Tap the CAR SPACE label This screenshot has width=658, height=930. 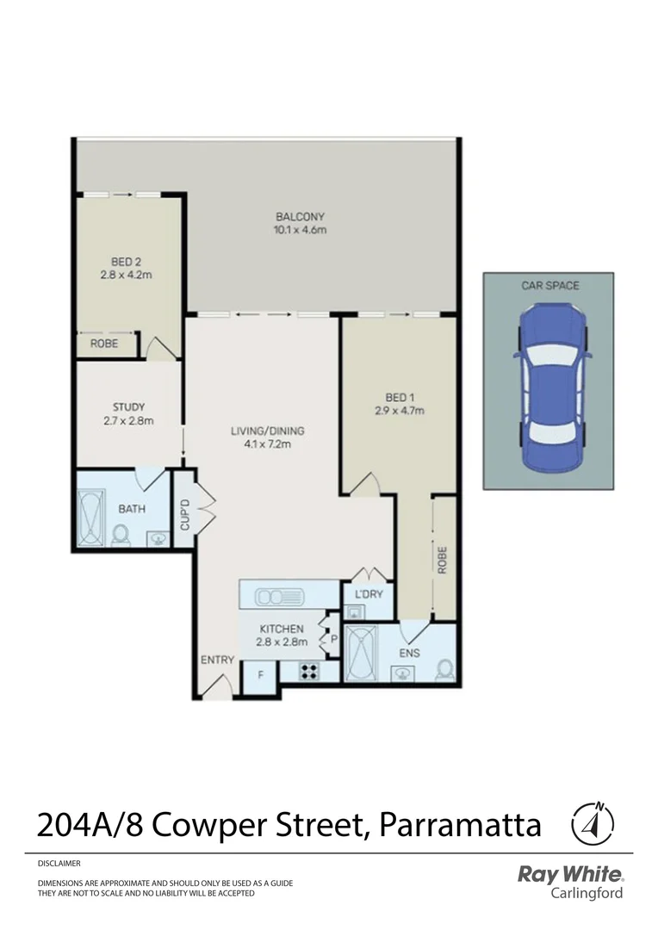[548, 285]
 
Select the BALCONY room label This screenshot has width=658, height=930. [300, 216]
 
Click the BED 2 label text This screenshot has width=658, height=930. [127, 261]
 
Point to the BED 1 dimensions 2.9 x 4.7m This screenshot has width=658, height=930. [400, 411]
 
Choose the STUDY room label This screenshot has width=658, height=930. [128, 406]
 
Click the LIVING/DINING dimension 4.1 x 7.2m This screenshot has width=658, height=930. [267, 444]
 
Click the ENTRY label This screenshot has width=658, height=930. [217, 660]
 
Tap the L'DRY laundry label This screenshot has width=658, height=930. [362, 594]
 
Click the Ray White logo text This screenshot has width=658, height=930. [569, 875]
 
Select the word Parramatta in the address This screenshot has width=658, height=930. [460, 825]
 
